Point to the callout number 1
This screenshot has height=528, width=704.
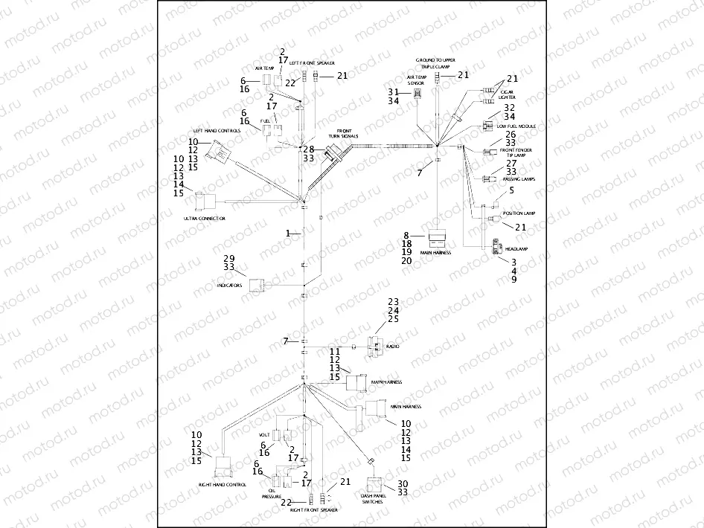(x=287, y=234)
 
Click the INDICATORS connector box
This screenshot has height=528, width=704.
(x=257, y=286)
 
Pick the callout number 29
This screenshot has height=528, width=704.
(x=228, y=257)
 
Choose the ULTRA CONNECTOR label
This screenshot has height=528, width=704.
(x=204, y=219)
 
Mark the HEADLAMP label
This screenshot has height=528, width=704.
(x=516, y=249)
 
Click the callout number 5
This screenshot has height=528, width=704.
(x=511, y=191)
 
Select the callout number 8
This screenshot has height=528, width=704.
(x=406, y=234)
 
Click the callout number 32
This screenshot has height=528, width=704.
(x=509, y=108)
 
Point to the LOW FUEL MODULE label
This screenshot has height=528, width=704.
(x=516, y=126)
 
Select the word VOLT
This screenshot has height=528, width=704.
(x=263, y=434)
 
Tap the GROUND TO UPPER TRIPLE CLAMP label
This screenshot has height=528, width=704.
(x=438, y=62)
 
